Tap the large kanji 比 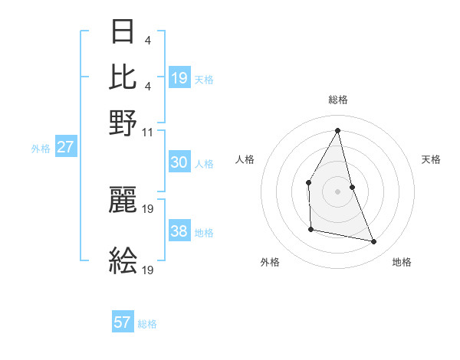pos(123,77)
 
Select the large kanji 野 pos(123,123)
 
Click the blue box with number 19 pos(179,77)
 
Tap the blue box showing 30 pos(179,162)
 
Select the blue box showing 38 pos(179,232)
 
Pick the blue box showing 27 pos(65,147)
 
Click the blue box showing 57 pos(123,322)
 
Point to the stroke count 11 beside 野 pos(148,131)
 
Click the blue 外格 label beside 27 pos(41,149)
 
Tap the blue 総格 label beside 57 pos(147,324)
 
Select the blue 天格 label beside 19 pos(204,80)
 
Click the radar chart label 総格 pos(337,100)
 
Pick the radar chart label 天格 pos(432,159)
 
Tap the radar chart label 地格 pos(402,262)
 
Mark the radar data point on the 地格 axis pos(374,242)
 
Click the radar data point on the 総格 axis pos(337,130)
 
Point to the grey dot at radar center pos(337,191)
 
